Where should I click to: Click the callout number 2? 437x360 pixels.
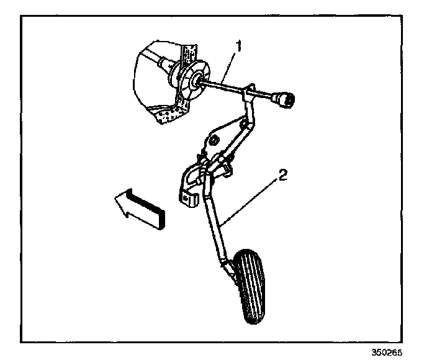tap(282, 176)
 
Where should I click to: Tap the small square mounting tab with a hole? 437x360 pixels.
tap(187, 199)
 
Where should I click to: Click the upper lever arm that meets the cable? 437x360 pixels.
tap(248, 112)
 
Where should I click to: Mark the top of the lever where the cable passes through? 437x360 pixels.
tap(250, 91)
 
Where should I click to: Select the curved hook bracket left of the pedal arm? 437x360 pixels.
tap(189, 180)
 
